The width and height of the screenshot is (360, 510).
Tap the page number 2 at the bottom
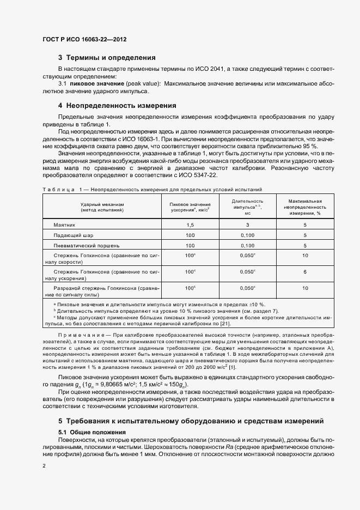[44, 466]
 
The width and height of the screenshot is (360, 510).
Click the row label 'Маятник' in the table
[64, 224]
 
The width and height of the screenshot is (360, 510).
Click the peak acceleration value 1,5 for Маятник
[190, 224]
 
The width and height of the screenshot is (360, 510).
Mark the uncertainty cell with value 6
[305, 271]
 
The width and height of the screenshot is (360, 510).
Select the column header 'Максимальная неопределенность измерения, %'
[305, 207]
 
